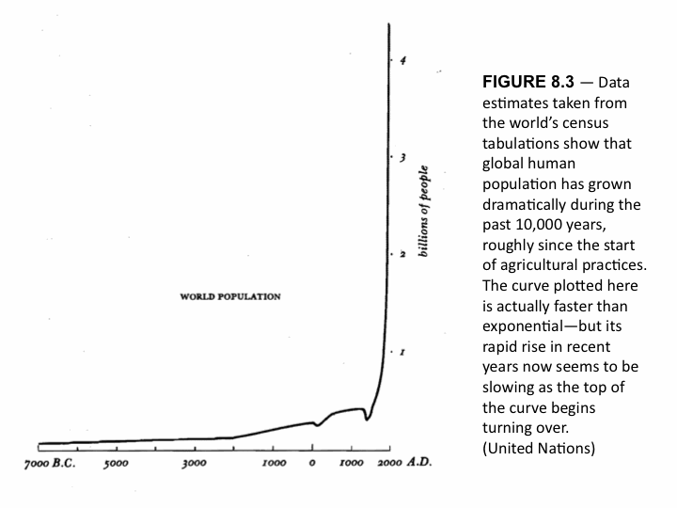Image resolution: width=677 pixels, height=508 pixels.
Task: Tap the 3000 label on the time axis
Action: tap(195, 465)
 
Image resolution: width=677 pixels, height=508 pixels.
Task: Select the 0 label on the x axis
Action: tap(313, 465)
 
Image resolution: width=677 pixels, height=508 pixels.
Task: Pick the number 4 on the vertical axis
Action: tap(402, 62)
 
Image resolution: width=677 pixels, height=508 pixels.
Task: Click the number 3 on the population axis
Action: tap(402, 157)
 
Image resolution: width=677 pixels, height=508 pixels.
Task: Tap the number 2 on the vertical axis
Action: tap(402, 255)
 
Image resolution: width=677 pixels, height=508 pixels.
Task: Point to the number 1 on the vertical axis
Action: tap(402, 352)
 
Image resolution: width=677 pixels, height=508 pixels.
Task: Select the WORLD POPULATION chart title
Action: tap(230, 296)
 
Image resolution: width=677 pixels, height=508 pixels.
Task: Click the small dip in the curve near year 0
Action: tap(318, 425)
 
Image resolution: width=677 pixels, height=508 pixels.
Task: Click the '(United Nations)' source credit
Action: tap(538, 448)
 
